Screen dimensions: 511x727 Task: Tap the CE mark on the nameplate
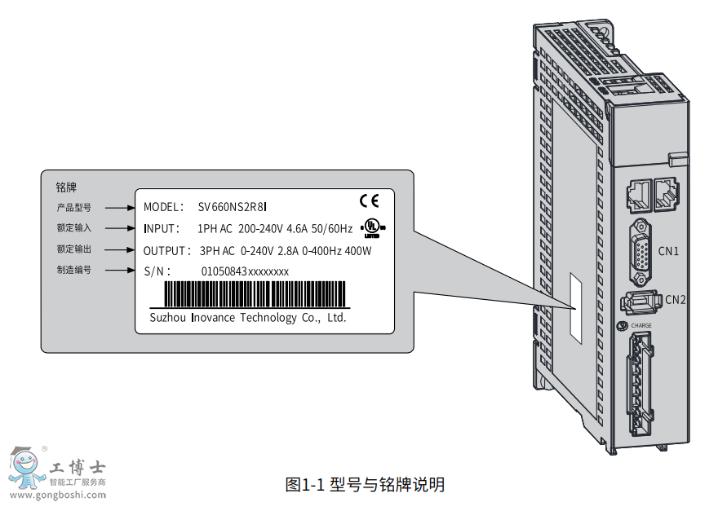[369, 200]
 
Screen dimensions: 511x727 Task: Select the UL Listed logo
[371, 225]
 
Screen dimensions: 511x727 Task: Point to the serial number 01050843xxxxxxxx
[245, 271]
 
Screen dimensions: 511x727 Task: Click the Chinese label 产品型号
[73, 208]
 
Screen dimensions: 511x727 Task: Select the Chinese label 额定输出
[73, 249]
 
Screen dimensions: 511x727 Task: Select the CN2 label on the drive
[675, 299]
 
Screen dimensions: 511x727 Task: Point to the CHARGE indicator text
[641, 326]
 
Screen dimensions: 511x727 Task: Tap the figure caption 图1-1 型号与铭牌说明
[365, 484]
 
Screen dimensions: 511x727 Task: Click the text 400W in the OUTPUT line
[358, 250]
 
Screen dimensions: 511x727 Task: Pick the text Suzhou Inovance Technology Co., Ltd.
[248, 318]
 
